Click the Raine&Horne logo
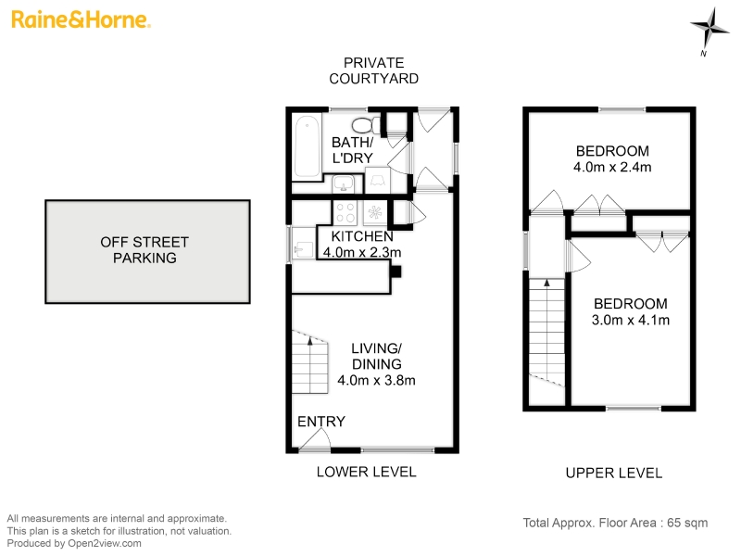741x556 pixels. coord(81,19)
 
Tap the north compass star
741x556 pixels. coord(709,28)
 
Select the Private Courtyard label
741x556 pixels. coord(374,70)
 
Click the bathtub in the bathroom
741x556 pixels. coord(308,146)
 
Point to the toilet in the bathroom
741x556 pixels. coord(366,125)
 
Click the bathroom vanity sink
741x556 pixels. coord(343,183)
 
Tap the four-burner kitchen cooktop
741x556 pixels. coord(345,212)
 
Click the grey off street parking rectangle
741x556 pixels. coord(147,251)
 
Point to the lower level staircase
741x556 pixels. coord(310,362)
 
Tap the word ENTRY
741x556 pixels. coord(321,422)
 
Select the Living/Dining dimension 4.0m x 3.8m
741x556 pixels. coord(377,380)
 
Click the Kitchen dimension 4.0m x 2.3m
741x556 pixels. coord(362,252)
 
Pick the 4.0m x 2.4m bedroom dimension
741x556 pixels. coord(612,167)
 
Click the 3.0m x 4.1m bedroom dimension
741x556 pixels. coord(631,320)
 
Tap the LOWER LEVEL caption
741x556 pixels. coord(366,472)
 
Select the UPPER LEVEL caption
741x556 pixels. coord(614,473)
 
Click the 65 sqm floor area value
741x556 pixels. coord(687,523)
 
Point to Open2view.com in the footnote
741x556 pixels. coord(105,544)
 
